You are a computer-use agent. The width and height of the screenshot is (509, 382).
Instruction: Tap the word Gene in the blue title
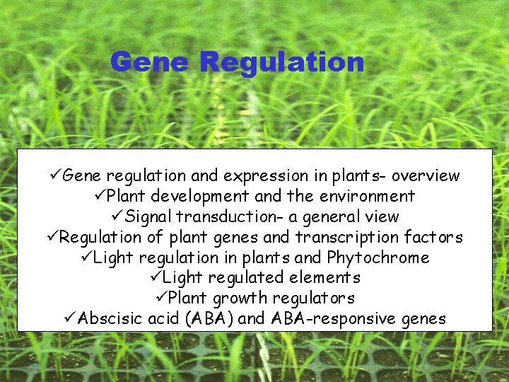(x=148, y=63)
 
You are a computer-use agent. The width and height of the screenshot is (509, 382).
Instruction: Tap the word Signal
(x=148, y=216)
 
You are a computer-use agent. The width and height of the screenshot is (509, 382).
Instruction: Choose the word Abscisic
(x=111, y=318)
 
